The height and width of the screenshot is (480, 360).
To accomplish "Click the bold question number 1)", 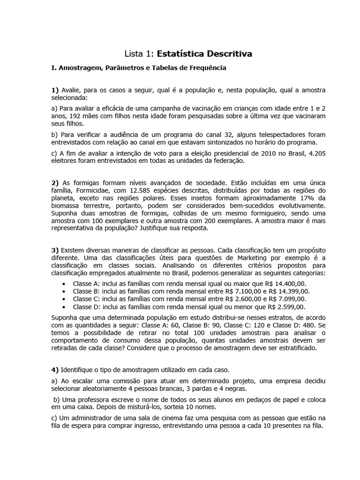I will click(55, 90).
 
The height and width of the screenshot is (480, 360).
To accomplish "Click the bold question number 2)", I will click(55, 182).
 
